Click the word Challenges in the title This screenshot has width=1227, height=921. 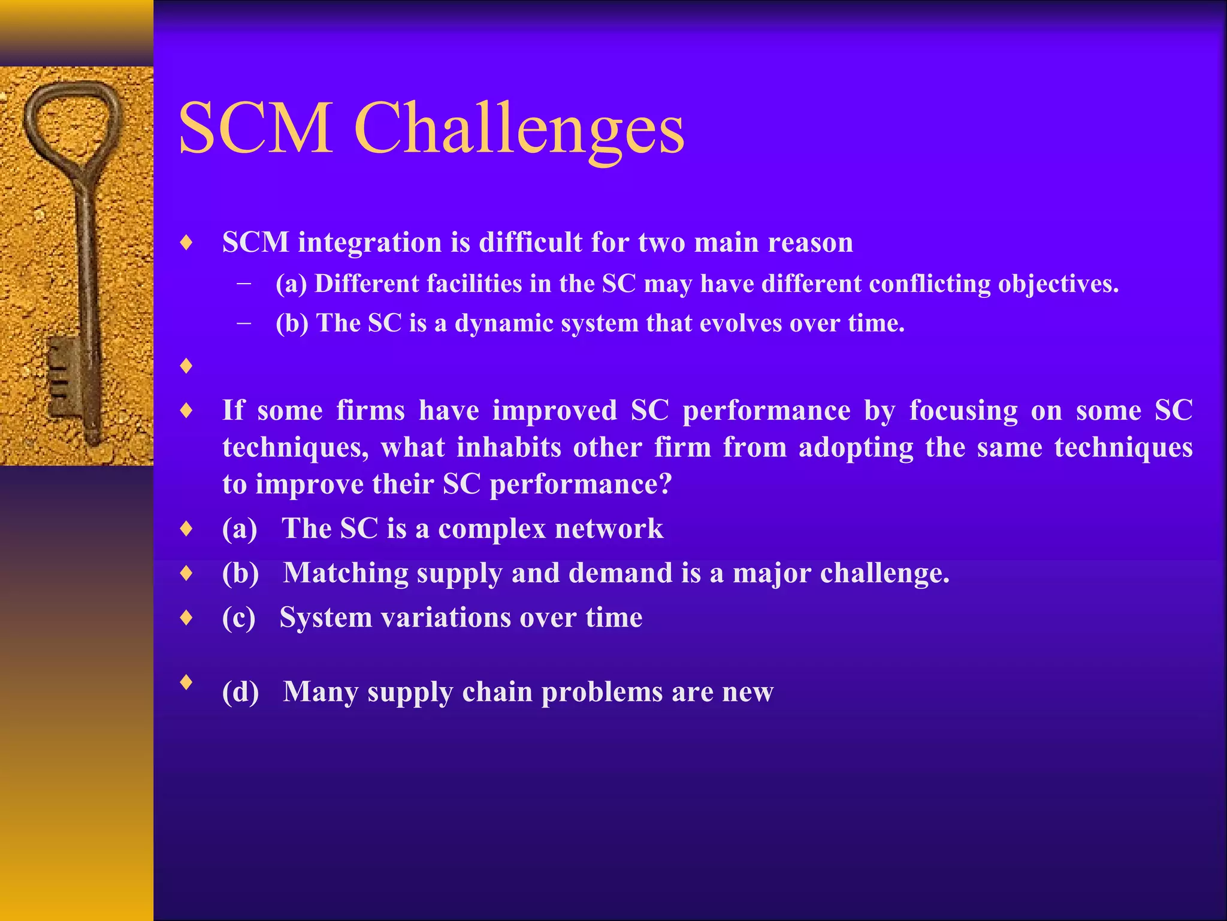click(x=519, y=129)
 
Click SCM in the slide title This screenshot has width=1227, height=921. click(x=256, y=129)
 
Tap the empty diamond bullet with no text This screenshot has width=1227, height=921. click(x=187, y=366)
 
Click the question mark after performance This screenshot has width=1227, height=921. click(x=665, y=484)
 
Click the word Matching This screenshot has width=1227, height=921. click(x=346, y=574)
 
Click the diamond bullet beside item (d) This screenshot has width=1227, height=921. click(x=187, y=682)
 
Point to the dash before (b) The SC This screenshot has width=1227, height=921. click(x=244, y=324)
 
